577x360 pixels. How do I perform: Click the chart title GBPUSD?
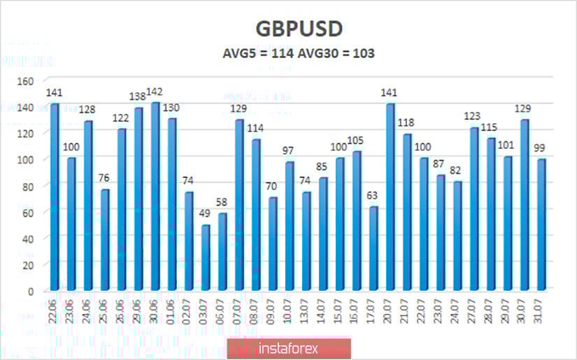(289, 29)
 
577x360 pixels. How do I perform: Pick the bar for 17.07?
(373, 248)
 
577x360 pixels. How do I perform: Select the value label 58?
(222, 203)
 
